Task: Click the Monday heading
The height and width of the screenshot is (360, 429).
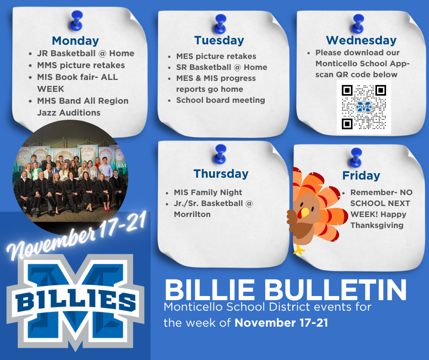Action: coord(75,41)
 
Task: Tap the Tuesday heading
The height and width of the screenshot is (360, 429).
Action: coord(219,40)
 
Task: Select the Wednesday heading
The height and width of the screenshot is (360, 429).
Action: coord(361,40)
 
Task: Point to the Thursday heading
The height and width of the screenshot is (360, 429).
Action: coord(221,174)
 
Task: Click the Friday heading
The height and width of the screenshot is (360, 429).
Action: coord(361,175)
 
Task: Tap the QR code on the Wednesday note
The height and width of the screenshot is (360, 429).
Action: coord(364,107)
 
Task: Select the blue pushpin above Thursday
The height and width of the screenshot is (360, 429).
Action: coord(221,153)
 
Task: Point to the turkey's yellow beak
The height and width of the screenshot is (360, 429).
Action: coord(303,212)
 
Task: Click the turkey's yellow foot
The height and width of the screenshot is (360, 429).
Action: coord(299,249)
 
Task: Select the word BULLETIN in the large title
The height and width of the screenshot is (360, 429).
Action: coord(337,289)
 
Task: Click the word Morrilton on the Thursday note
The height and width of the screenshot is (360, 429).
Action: coord(192,214)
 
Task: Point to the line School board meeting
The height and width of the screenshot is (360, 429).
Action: coord(220,100)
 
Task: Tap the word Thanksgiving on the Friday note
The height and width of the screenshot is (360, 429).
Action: coord(377,225)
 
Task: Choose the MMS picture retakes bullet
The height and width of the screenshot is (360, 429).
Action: coord(81,65)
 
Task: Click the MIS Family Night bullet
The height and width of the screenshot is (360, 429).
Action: coord(208,192)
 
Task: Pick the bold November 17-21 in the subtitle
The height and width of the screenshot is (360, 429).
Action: coord(281,323)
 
